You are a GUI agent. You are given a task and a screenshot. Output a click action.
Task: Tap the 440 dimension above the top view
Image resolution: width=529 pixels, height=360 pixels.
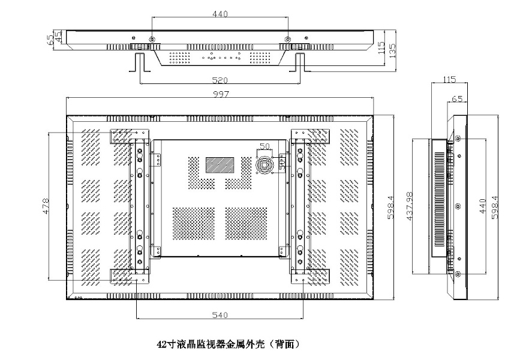pyautogui.click(x=220, y=14)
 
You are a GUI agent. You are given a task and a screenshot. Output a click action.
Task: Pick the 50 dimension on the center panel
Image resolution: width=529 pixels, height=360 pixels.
pyautogui.click(x=264, y=146)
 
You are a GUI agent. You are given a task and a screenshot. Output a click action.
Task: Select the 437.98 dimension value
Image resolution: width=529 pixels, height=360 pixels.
pyautogui.click(x=410, y=207)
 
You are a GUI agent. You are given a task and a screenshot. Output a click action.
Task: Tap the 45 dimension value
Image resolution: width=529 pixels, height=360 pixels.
pyautogui.click(x=58, y=37)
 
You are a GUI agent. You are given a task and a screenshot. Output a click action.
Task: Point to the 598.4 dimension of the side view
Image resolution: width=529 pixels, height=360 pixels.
pyautogui.click(x=495, y=207)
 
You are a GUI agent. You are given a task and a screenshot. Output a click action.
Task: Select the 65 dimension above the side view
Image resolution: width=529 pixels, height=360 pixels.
pyautogui.click(x=458, y=100)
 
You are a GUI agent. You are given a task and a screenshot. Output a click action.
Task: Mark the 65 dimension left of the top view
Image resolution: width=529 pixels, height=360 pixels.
pyautogui.click(x=50, y=39)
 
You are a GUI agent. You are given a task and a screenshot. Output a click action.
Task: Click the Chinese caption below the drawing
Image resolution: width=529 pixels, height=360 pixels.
pyautogui.click(x=227, y=344)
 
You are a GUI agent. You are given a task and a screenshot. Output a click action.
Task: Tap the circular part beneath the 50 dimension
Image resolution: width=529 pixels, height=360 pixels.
pyautogui.click(x=264, y=163)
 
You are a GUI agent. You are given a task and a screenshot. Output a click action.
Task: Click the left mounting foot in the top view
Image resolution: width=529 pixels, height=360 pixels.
pyautogui.click(x=139, y=62)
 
